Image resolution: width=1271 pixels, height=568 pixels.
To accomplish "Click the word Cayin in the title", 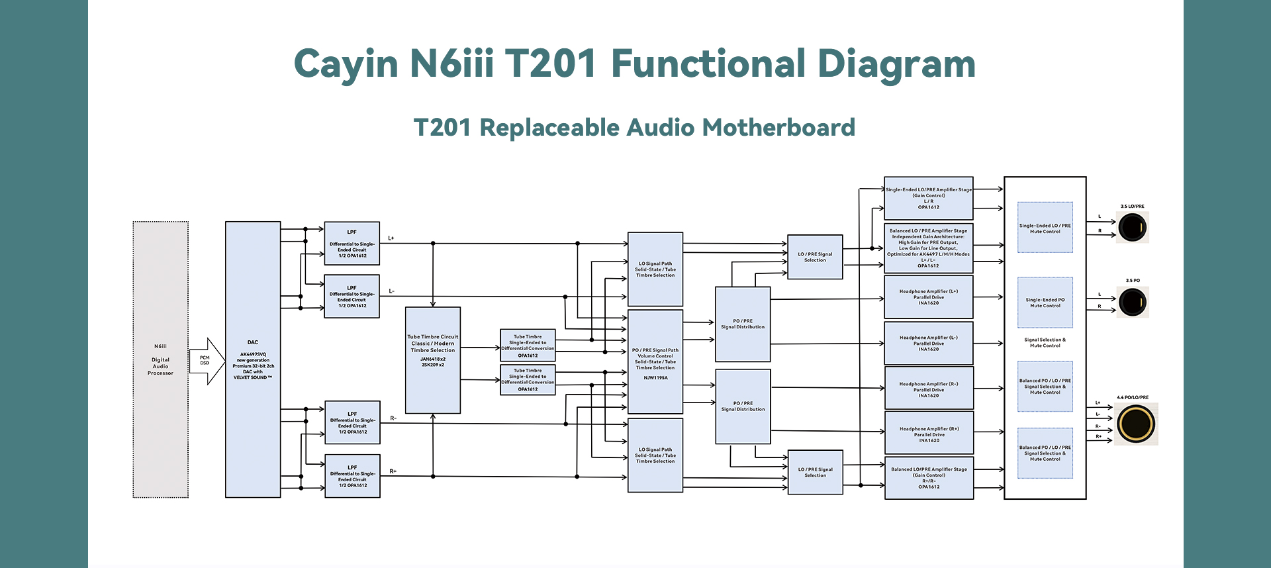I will click(346, 64).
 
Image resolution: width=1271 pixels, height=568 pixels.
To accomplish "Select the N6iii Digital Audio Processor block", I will click(160, 359).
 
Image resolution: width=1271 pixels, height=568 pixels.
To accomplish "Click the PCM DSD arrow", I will click(207, 361).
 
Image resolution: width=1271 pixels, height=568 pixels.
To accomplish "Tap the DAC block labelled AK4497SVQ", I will click(253, 359).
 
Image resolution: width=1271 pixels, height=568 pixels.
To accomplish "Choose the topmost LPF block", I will click(352, 244).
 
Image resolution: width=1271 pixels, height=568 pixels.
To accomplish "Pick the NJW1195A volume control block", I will click(655, 361).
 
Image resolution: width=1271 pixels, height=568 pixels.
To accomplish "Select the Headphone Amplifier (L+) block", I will click(928, 297).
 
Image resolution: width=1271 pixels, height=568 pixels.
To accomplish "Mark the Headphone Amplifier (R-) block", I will click(928, 389).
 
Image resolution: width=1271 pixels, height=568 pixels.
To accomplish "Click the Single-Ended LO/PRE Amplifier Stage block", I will click(928, 198).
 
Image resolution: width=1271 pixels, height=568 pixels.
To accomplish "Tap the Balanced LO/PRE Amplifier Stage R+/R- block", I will click(928, 477).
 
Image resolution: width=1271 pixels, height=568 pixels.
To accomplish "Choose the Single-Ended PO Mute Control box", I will click(1045, 303).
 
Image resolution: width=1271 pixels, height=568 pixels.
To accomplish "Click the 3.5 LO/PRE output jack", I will click(1132, 228).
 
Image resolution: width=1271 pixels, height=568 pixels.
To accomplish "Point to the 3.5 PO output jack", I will click(1132, 303).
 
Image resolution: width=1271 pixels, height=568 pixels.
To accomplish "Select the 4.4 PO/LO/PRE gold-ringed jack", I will click(1135, 424).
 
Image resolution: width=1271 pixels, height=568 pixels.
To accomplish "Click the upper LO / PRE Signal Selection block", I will click(815, 257).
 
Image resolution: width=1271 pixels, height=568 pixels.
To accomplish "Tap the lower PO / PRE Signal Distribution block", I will click(743, 406).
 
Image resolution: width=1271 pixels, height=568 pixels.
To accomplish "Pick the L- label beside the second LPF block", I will click(391, 291).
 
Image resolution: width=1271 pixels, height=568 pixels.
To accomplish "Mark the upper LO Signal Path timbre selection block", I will click(655, 269).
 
